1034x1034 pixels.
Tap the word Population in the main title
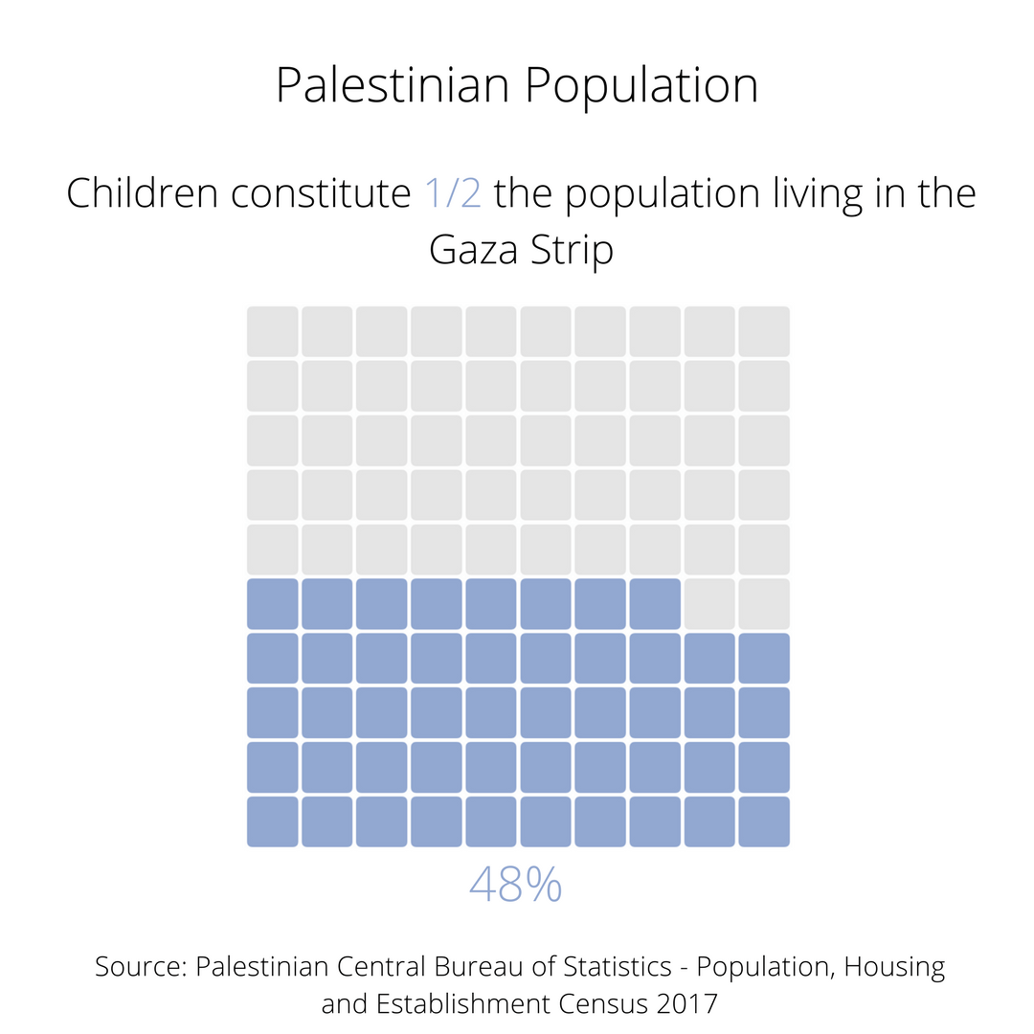point(641,86)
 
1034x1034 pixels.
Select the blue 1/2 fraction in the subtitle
point(453,193)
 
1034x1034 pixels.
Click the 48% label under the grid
point(515,886)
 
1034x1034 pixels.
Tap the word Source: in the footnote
point(140,967)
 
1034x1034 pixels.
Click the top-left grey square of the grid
point(273,331)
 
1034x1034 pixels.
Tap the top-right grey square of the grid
point(764,331)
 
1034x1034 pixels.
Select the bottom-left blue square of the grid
point(273,821)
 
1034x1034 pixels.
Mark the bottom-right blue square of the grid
point(764,821)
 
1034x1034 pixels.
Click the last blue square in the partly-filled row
point(655,604)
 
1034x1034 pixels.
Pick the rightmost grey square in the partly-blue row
point(764,604)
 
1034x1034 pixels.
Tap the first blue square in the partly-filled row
point(273,604)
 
